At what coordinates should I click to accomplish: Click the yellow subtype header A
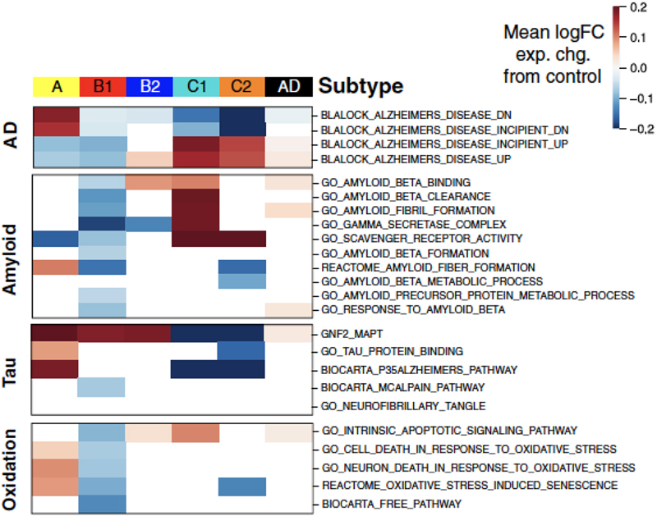coord(56,86)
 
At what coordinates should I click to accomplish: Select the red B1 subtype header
coord(103,86)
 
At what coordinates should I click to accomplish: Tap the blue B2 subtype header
coord(149,86)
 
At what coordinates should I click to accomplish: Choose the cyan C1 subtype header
coord(195,86)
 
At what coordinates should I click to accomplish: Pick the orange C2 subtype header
coord(242,86)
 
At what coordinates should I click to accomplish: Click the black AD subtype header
coord(288,86)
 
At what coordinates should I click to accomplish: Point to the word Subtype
coord(361,85)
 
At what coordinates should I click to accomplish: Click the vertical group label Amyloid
coord(11,245)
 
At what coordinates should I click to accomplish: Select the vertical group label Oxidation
coord(11,468)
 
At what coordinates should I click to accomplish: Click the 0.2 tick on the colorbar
coord(637,7)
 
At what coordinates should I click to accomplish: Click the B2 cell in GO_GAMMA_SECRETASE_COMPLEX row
coord(149,223)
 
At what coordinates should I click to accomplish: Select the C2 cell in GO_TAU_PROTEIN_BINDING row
coord(242,350)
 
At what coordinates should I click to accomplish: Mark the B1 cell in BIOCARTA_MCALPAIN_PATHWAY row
coord(103,386)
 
